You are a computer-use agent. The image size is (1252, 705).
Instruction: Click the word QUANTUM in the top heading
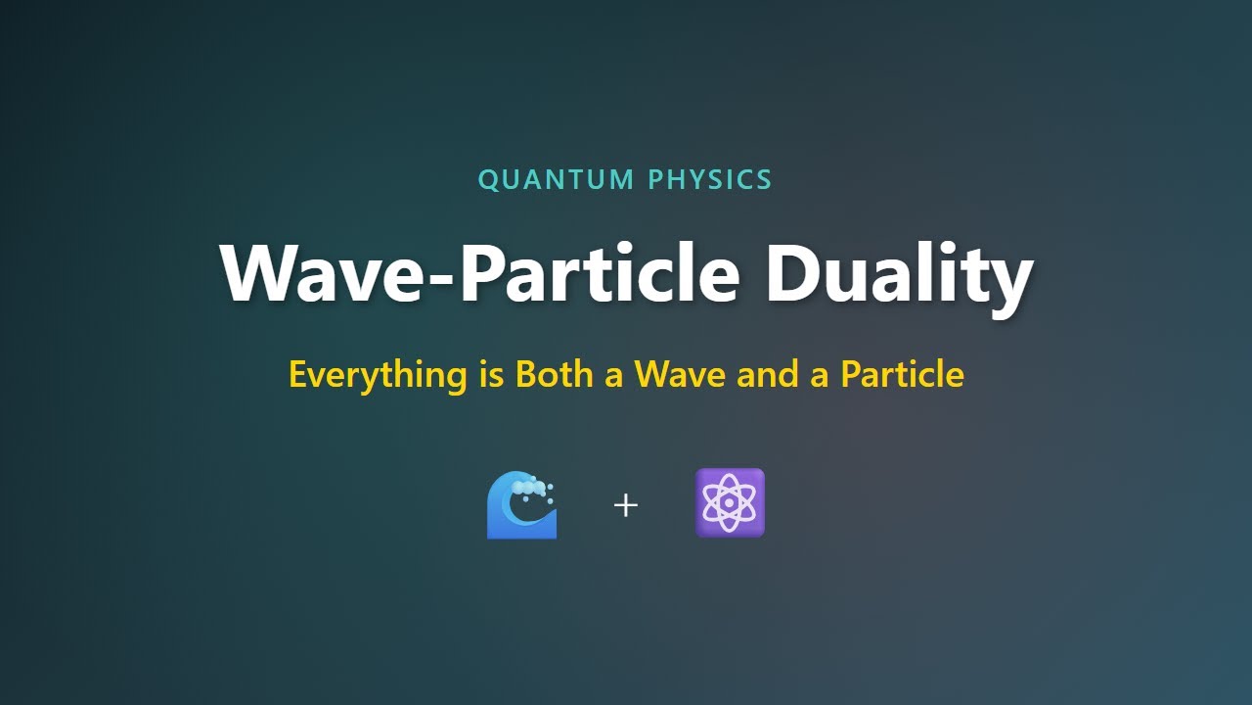pyautogui.click(x=557, y=179)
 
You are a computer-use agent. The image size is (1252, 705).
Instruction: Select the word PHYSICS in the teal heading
pyautogui.click(x=710, y=179)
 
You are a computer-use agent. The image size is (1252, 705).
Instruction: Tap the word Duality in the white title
pyautogui.click(x=899, y=274)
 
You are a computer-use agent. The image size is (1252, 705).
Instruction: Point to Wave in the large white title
pyautogui.click(x=322, y=274)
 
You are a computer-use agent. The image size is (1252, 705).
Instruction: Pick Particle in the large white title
pyautogui.click(x=600, y=274)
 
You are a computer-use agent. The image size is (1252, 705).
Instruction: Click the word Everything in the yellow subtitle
pyautogui.click(x=378, y=374)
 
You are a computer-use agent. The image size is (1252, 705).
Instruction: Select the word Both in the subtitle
pyautogui.click(x=555, y=373)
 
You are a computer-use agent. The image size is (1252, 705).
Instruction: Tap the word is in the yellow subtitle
pyautogui.click(x=491, y=373)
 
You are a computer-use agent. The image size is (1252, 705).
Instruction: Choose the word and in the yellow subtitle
pyautogui.click(x=768, y=374)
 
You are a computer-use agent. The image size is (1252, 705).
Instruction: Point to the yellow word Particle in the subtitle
pyautogui.click(x=903, y=373)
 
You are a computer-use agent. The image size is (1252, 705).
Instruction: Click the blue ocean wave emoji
pyautogui.click(x=522, y=504)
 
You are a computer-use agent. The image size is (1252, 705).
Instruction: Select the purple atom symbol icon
pyautogui.click(x=730, y=503)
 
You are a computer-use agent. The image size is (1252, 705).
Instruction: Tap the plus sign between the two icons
pyautogui.click(x=626, y=506)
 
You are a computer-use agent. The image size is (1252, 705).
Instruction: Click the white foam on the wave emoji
pyautogui.click(x=530, y=487)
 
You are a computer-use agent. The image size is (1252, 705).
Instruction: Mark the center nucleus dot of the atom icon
pyautogui.click(x=730, y=503)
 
